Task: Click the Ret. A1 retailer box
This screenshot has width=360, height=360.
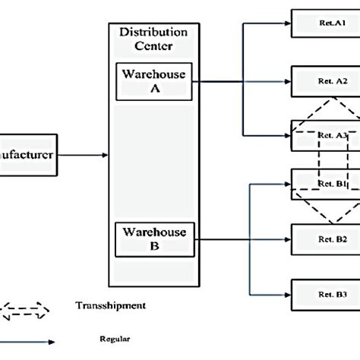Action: point(326,24)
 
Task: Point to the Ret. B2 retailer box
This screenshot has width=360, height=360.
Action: point(326,238)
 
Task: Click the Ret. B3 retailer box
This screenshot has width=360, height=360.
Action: point(326,293)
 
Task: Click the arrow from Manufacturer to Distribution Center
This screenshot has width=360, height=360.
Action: point(84,155)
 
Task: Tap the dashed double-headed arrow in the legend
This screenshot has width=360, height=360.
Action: point(24,309)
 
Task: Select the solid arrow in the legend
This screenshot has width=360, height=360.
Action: point(27,343)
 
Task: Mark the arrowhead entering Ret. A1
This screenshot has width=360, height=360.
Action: point(286,24)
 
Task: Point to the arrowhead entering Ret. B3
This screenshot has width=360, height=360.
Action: point(286,293)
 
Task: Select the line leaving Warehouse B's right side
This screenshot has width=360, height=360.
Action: point(220,239)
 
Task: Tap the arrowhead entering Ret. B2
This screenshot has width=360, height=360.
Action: point(286,239)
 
